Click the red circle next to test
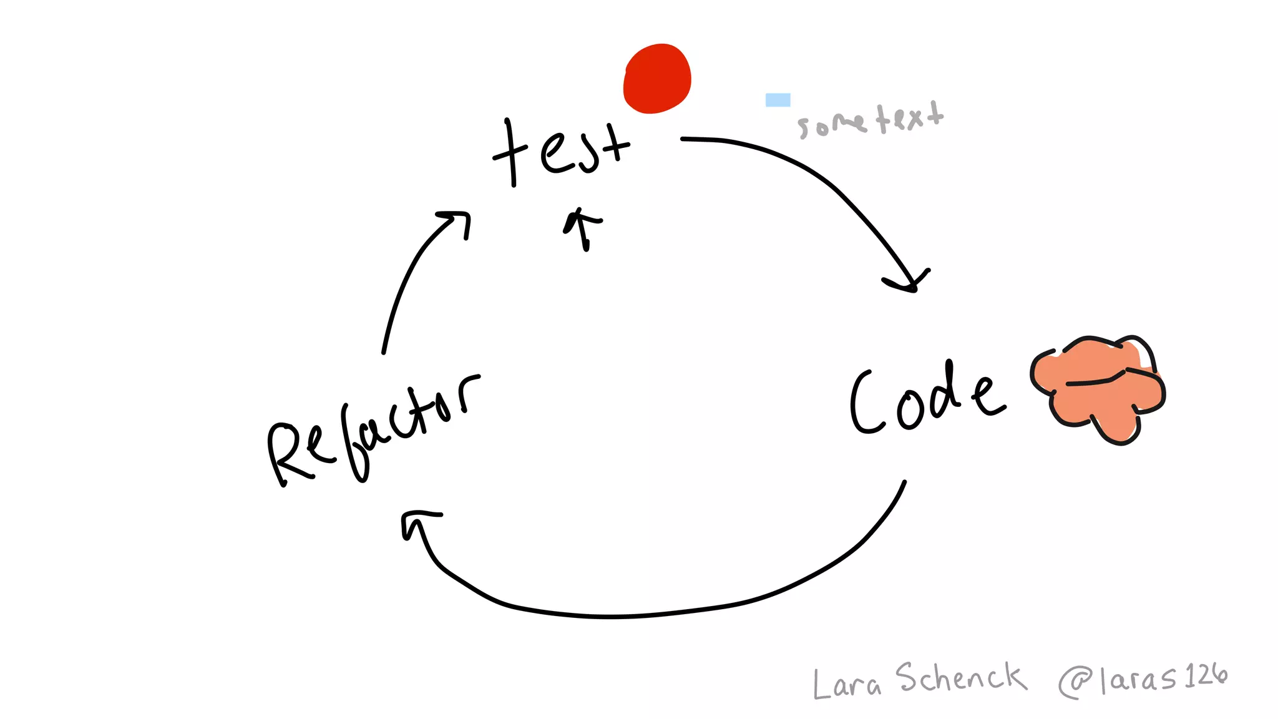(x=657, y=79)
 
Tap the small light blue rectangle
(x=778, y=100)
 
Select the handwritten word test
(x=562, y=152)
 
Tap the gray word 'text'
(x=910, y=117)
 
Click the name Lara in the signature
(x=846, y=683)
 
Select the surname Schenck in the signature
(x=960, y=678)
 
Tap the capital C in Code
(x=866, y=403)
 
